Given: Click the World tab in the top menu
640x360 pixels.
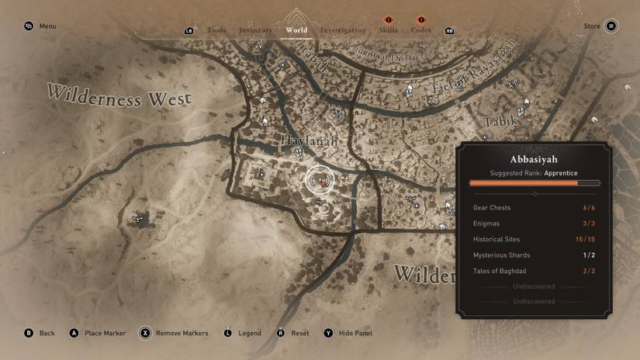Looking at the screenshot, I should [x=296, y=30].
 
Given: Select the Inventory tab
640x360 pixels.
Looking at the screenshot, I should [x=255, y=30].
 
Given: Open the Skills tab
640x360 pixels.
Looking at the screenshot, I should [x=388, y=30].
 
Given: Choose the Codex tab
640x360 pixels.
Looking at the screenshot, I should [x=420, y=30].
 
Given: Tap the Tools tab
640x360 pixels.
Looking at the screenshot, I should [x=216, y=30].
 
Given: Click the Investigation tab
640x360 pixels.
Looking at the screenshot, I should [x=343, y=30].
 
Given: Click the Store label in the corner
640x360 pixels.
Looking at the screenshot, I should [x=592, y=26].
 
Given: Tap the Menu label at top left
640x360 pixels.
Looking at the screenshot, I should [x=47, y=26].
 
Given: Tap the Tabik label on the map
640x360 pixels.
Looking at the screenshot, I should [x=500, y=122].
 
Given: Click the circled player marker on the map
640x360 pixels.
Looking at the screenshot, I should [x=319, y=181].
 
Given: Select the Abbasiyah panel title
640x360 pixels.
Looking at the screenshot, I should [x=534, y=159].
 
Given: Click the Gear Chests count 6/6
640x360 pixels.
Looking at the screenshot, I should [x=589, y=208].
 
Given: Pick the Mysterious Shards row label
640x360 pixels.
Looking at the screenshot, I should [x=502, y=255].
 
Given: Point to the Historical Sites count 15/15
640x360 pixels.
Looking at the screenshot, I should [x=586, y=240].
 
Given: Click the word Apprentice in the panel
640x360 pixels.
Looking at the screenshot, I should [x=561, y=173].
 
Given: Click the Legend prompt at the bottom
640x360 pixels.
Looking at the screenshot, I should [x=249, y=334].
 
